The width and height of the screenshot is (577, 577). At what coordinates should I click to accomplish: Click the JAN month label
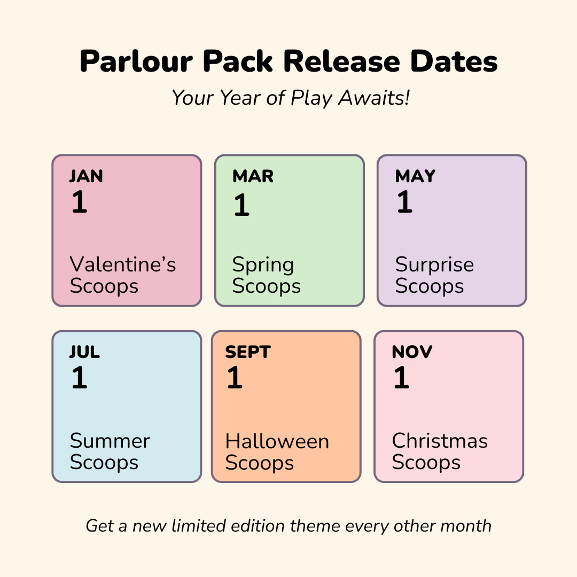86,176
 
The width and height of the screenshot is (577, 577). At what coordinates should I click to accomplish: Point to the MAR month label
253,176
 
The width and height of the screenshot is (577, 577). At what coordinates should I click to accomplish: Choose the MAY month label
415,176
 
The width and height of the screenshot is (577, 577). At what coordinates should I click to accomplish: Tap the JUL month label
84,352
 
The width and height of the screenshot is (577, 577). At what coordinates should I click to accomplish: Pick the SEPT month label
248,352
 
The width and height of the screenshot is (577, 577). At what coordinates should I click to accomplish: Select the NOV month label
412,352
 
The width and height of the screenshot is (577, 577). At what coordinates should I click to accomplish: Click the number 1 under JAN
79,202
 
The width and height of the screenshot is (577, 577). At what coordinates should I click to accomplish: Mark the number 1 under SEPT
235,378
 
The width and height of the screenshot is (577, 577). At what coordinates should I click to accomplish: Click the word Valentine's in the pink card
123,264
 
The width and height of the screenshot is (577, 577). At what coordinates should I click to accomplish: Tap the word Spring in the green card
263,264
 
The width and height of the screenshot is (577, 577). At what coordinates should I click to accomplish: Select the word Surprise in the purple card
434,264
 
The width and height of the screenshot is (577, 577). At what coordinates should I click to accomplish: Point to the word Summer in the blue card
110,441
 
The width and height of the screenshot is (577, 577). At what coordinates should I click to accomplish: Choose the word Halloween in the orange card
277,441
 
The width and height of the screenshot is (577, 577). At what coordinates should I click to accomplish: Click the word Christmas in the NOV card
440,441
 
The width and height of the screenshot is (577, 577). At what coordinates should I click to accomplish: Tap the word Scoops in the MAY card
430,286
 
